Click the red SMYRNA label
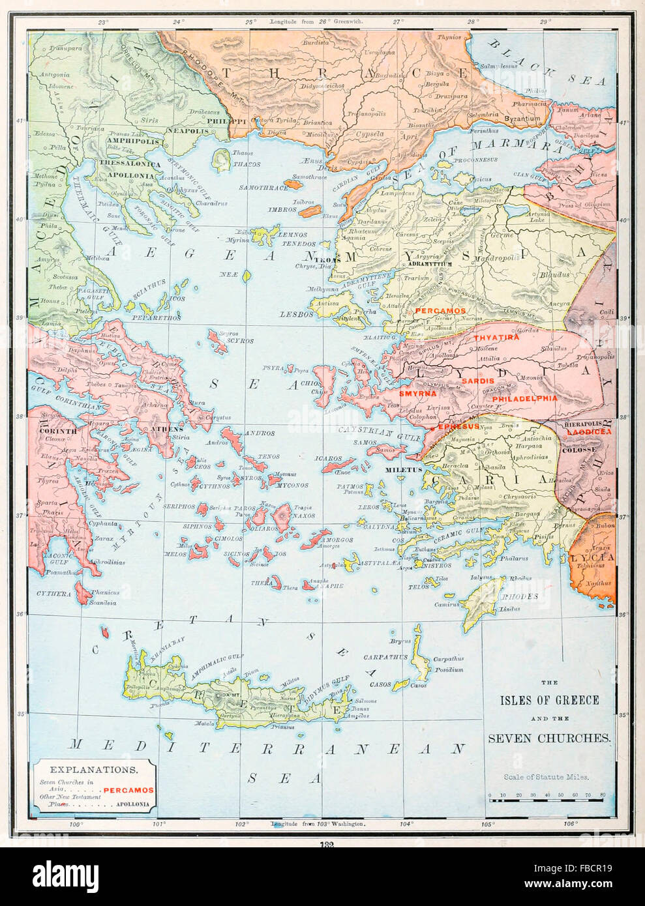pos(417,394)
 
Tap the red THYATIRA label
pos(496,338)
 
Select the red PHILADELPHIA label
pos(525,398)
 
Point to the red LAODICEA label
pos(589,432)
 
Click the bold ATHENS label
pos(166,430)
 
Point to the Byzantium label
pos(522,119)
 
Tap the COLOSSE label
pos(579,450)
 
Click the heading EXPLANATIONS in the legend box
pos(94,769)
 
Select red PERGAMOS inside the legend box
pos(129,790)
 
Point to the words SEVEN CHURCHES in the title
pos(549,738)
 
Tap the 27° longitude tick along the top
pos(398,22)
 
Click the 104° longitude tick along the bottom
pos(407,824)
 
